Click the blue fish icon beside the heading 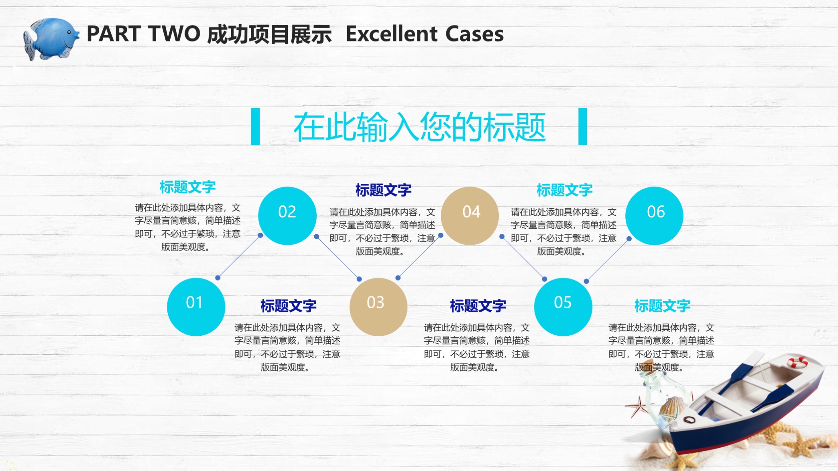click(x=51, y=39)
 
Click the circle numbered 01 click(x=196, y=307)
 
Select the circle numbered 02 click(x=287, y=216)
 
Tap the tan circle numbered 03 click(x=378, y=307)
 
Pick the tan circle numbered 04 click(x=470, y=216)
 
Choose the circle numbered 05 click(x=563, y=307)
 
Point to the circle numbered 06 click(x=654, y=216)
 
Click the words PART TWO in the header click(x=143, y=34)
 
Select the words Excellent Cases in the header click(x=425, y=34)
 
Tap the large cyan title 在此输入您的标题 click(x=419, y=127)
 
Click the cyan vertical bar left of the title click(x=255, y=126)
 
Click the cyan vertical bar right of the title click(x=582, y=126)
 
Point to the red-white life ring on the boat click(x=797, y=362)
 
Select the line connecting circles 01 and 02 click(x=239, y=257)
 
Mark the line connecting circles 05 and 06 click(x=608, y=260)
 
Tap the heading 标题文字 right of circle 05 click(x=662, y=306)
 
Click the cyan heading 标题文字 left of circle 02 click(x=188, y=187)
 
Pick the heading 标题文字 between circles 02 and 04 click(x=383, y=190)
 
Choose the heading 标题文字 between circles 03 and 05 click(x=478, y=306)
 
